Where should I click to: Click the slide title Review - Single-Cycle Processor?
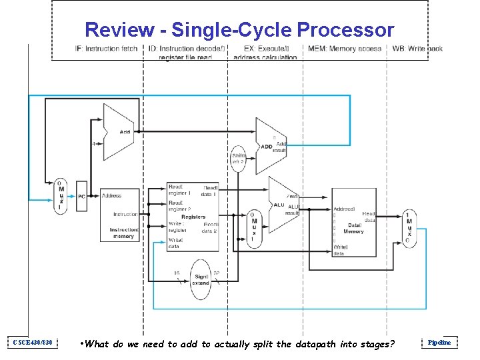[x=239, y=30]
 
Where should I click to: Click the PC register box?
[x=81, y=196]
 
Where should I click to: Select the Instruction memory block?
[x=119, y=214]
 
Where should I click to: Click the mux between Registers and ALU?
[x=254, y=228]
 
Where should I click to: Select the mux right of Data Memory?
[x=409, y=228]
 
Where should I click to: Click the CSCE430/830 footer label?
[x=33, y=343]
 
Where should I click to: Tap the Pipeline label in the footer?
[x=439, y=343]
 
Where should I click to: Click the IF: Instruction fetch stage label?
[x=106, y=49]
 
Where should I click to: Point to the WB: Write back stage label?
[x=417, y=49]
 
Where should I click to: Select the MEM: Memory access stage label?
[x=344, y=49]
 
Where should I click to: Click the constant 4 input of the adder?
[x=93, y=143]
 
